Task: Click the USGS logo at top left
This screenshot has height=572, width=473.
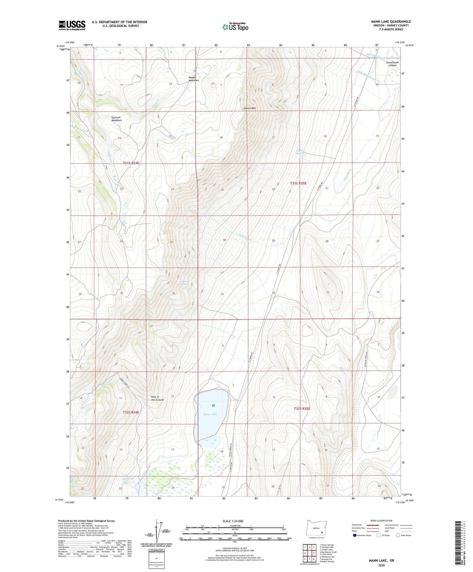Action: coord(72,25)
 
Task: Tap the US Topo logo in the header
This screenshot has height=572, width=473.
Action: coord(235,27)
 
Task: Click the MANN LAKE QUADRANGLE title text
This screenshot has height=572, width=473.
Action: coord(391,22)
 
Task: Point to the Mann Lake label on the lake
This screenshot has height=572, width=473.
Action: coord(210,414)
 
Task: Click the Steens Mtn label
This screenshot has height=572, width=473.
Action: coord(250,108)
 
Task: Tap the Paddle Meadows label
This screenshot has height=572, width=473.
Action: coord(193,79)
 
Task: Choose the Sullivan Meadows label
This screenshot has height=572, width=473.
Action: coord(117,119)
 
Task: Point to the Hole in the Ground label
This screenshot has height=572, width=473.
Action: coord(157,398)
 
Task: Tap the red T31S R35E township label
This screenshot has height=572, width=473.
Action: coord(298,183)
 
